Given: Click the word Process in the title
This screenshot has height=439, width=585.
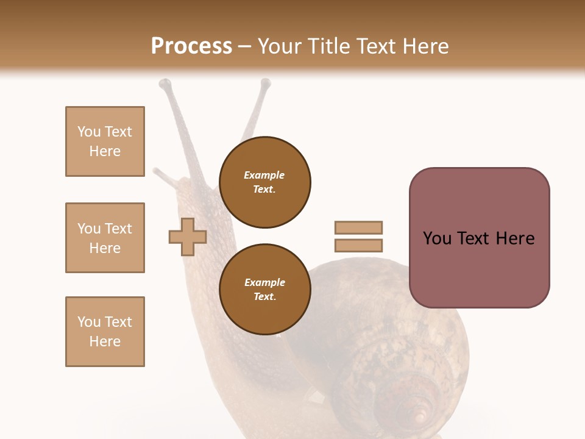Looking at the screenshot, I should click(191, 46).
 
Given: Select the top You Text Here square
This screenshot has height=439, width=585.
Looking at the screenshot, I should click(105, 141).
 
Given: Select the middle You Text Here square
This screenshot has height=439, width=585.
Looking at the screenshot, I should click(105, 238).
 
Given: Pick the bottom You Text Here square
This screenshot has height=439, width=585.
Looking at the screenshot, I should click(105, 332).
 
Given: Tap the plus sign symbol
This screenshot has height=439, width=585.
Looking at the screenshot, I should click(188, 237).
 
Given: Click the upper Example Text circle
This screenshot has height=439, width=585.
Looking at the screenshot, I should click(264, 182).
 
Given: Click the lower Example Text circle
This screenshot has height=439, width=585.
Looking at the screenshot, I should click(264, 289).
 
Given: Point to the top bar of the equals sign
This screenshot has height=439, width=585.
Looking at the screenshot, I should click(358, 227).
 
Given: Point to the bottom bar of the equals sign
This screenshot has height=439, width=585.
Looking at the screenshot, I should click(358, 246).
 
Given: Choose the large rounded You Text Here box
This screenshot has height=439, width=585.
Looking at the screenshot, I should click(479, 238).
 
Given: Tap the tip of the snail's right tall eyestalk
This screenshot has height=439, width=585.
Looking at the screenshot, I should click(265, 83).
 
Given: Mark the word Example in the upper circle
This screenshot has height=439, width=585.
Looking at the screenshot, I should click(264, 175).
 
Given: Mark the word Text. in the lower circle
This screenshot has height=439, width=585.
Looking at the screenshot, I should click(264, 296).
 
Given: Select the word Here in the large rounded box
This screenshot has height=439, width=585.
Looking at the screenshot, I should click(515, 238).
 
